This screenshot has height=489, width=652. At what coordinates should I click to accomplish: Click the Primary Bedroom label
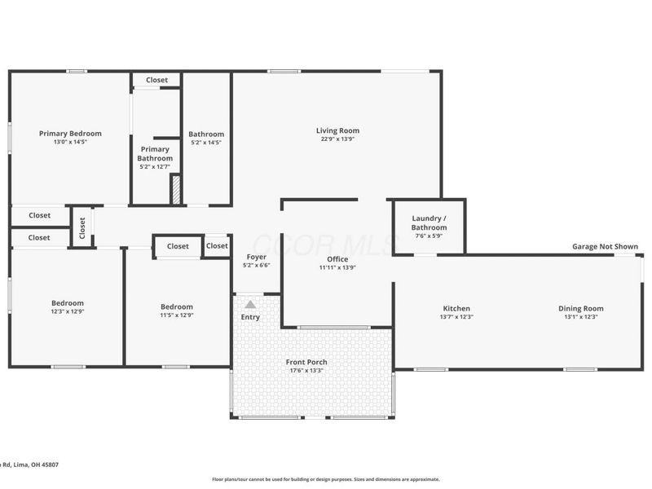coord(70,133)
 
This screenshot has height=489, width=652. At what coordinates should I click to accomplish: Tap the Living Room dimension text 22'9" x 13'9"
coord(337,139)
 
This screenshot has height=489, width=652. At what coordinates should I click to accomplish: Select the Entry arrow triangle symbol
coord(249,304)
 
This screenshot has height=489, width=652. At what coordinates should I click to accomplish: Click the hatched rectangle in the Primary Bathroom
coord(174,189)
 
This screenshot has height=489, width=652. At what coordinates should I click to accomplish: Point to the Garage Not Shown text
coord(604,246)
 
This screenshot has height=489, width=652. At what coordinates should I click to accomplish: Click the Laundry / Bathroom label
coord(429,222)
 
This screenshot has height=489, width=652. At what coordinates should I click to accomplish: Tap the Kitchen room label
coord(456,308)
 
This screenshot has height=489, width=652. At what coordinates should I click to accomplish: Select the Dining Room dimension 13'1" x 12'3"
coord(580,317)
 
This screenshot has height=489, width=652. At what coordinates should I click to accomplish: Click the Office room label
coord(337,259)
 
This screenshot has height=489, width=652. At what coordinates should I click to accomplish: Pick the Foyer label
coord(256,257)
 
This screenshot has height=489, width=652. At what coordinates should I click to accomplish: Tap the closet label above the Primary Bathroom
coord(156,80)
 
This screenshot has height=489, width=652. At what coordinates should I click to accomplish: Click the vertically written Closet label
coord(81,227)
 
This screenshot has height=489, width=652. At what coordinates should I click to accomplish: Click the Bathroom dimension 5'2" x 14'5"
coord(205,143)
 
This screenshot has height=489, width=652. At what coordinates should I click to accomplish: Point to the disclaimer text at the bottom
coord(325,479)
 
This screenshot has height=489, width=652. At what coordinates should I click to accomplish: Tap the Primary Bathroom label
coord(155,153)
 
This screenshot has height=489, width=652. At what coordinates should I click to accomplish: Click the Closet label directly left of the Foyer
coord(217,246)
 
